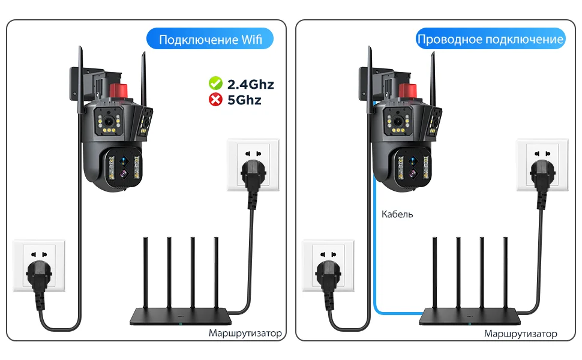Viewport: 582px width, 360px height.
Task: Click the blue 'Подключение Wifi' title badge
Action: [x=210, y=40]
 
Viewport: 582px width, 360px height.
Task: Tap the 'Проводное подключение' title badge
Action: [x=490, y=40]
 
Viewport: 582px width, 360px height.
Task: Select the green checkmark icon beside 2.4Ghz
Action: [x=215, y=83]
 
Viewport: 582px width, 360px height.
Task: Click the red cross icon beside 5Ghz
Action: [x=215, y=100]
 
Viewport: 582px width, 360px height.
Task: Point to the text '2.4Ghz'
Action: [x=251, y=84]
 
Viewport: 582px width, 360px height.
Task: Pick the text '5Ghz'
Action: [x=244, y=100]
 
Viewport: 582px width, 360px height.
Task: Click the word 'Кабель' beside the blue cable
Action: [x=397, y=214]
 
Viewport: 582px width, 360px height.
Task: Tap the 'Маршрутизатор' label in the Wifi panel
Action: [x=245, y=333]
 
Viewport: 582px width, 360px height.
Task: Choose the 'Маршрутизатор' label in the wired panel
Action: [x=520, y=334]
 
